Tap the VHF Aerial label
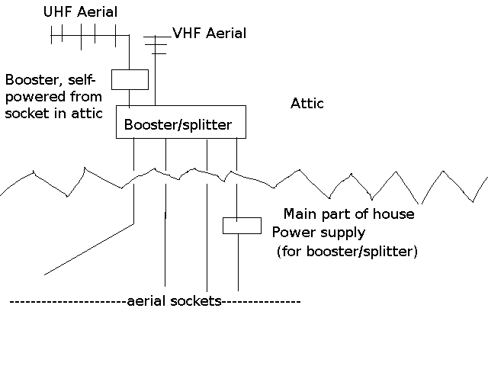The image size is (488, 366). pos(209,34)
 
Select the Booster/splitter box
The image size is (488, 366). pos(181,123)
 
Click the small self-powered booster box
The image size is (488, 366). pos(129,79)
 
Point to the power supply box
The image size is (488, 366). pos(241,225)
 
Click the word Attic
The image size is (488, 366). pos(307,104)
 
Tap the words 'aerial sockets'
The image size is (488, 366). pos(173,302)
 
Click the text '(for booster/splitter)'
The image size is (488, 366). pos(346,251)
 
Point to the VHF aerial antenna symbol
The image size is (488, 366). pos(156,43)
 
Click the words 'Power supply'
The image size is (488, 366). pos(319,233)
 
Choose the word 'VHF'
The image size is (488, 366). pos(186,34)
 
